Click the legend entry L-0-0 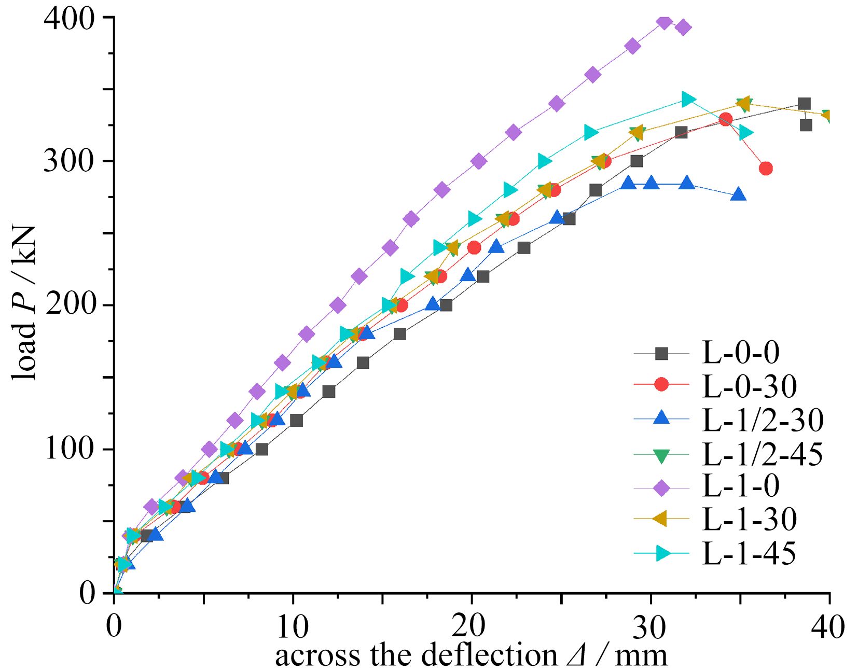point(740,353)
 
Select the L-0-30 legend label point(749,386)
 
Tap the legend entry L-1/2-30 point(763,420)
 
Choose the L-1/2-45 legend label point(763,454)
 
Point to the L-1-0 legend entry point(740,486)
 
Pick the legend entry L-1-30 point(749,520)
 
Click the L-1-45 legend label point(749,553)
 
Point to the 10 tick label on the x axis point(292,626)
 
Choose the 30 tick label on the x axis point(649,626)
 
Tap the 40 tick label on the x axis point(828,626)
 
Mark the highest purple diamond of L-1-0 point(664,22)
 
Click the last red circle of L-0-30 point(766,169)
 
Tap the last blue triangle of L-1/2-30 point(738,195)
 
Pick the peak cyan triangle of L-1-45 point(688,99)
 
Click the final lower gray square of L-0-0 point(806,125)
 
